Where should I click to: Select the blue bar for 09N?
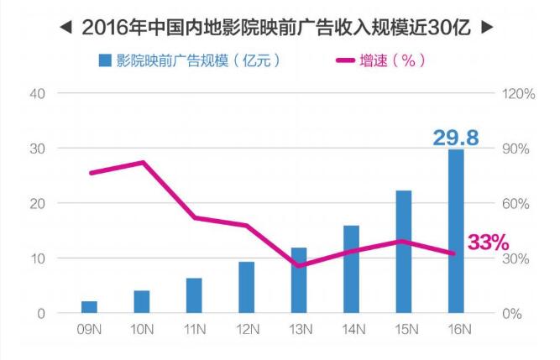(x=89, y=306)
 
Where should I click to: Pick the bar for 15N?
(x=403, y=252)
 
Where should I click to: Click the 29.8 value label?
(x=458, y=136)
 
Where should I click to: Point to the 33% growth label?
(x=489, y=243)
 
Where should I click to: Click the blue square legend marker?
(x=105, y=60)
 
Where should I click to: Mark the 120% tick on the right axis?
(x=517, y=93)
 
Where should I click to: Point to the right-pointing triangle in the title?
(x=487, y=27)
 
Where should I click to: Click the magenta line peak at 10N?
(x=142, y=162)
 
